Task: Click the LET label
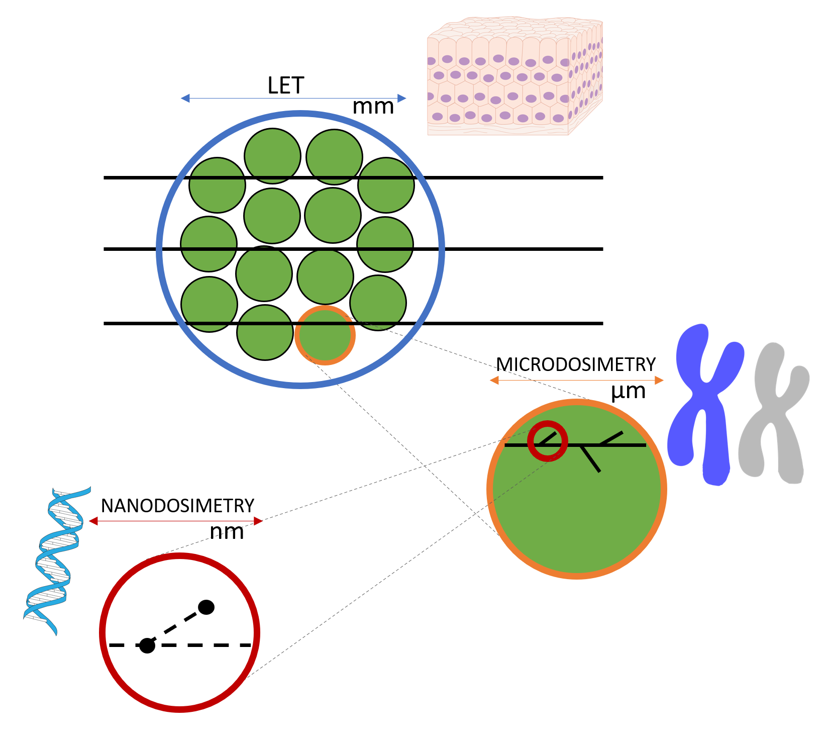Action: [x=285, y=86]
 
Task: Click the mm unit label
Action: [x=373, y=107]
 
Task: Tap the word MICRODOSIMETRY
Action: [x=576, y=364]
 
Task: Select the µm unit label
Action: [x=628, y=391]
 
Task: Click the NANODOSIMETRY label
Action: [x=177, y=506]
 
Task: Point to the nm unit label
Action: [x=227, y=532]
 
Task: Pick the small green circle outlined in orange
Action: [x=325, y=335]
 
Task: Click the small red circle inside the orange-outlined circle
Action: [x=548, y=441]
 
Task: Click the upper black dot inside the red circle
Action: [x=206, y=607]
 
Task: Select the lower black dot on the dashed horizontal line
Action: [x=147, y=645]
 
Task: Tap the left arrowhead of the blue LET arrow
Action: [x=185, y=98]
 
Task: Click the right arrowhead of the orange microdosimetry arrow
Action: [x=660, y=380]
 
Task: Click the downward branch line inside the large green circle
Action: [x=591, y=458]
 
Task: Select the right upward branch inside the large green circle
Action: [x=611, y=438]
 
